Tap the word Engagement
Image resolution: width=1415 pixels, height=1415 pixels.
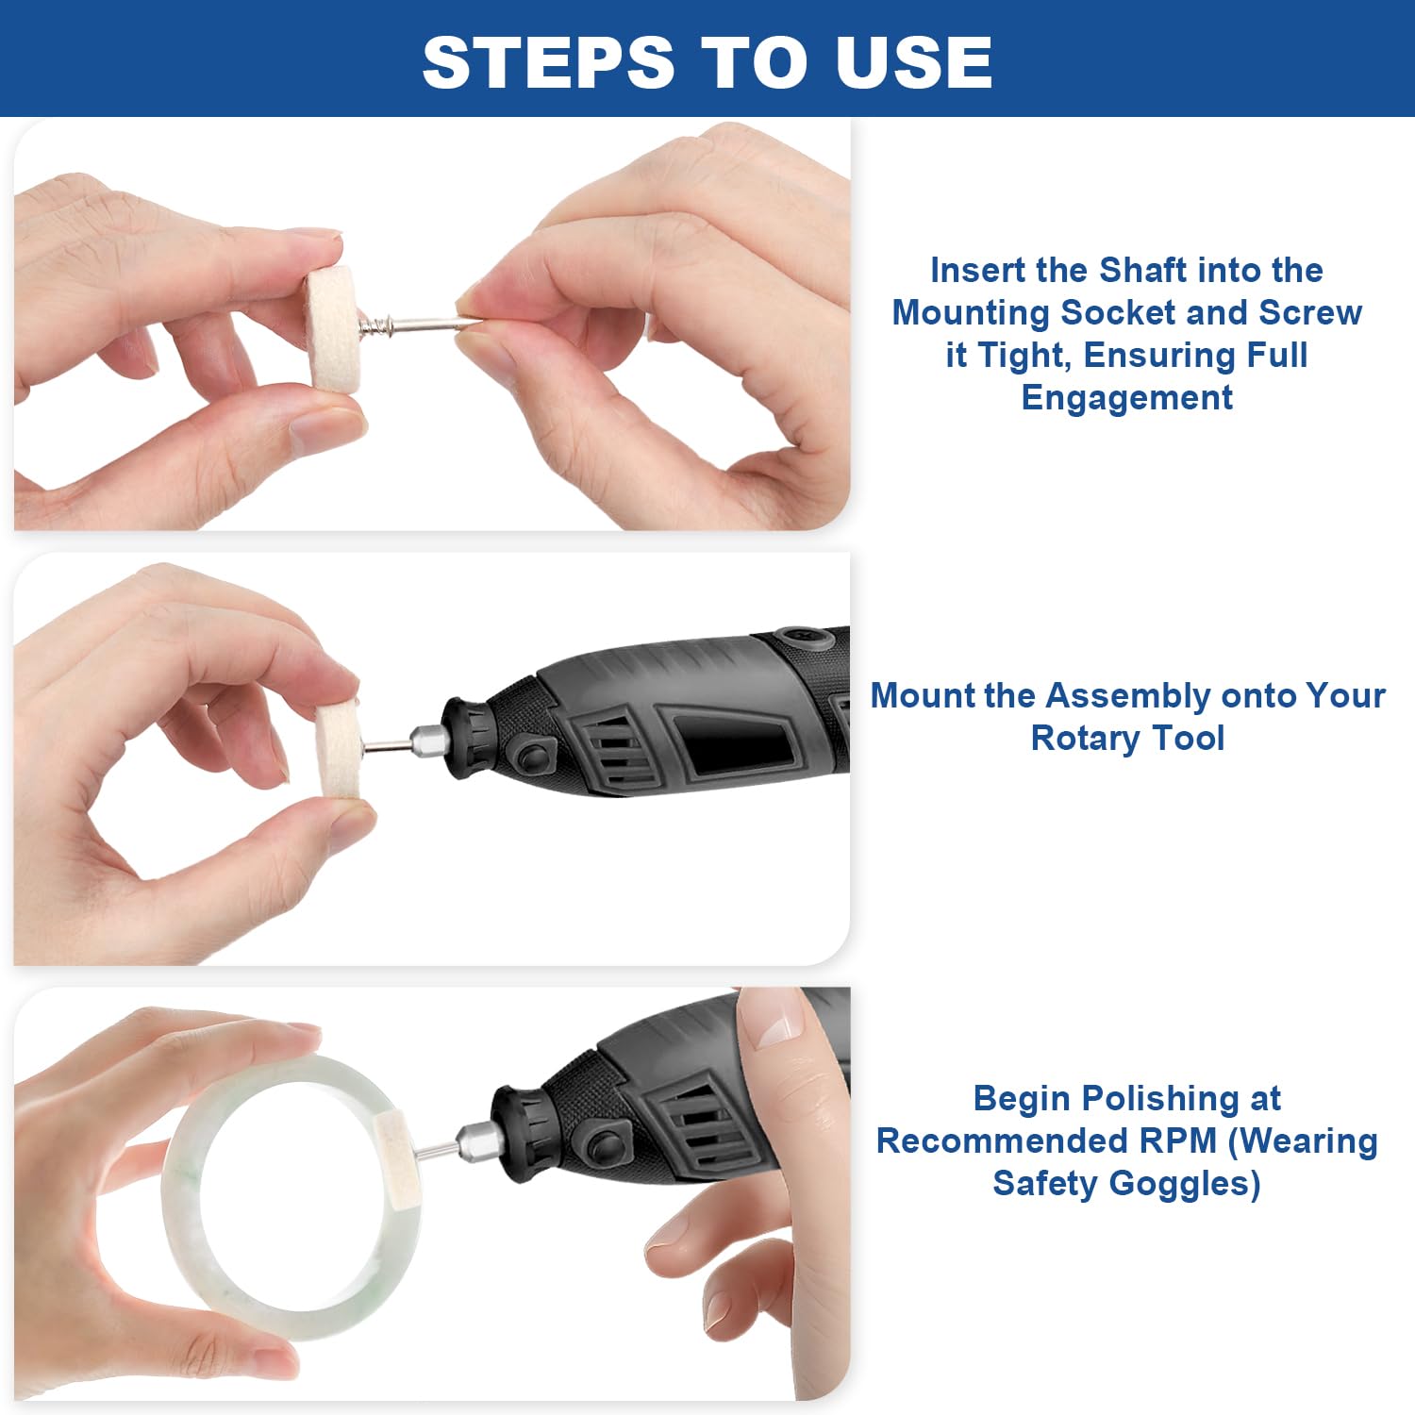[1126, 398]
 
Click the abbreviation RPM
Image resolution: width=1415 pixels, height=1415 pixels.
[1179, 1140]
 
